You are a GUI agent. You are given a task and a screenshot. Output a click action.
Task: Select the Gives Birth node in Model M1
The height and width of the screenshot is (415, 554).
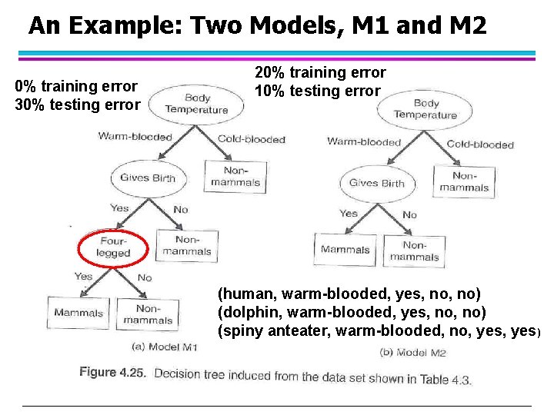click(x=148, y=178)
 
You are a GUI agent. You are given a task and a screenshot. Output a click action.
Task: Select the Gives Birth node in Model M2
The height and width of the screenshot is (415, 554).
click(x=376, y=183)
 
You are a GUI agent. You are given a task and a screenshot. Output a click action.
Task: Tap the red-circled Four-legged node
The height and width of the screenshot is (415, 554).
click(x=113, y=247)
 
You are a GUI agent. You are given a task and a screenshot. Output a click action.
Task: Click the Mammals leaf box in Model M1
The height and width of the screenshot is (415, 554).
click(x=78, y=313)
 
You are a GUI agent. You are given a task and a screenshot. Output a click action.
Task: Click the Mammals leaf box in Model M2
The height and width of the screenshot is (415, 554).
click(x=345, y=249)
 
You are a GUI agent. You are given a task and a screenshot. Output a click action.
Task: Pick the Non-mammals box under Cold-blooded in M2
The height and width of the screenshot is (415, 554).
click(x=464, y=181)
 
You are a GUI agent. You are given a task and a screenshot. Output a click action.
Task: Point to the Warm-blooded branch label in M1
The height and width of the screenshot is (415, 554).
click(x=135, y=137)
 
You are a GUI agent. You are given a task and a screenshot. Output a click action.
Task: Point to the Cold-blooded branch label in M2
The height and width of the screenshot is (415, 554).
click(x=480, y=144)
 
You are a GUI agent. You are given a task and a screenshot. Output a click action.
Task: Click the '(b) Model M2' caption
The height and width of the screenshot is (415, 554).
click(x=413, y=353)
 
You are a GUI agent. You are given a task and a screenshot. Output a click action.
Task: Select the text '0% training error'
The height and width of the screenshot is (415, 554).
click(x=76, y=86)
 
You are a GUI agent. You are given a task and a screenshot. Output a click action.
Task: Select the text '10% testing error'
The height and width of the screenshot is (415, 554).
click(x=318, y=91)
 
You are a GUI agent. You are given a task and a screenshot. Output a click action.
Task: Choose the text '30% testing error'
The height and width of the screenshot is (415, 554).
click(x=78, y=105)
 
